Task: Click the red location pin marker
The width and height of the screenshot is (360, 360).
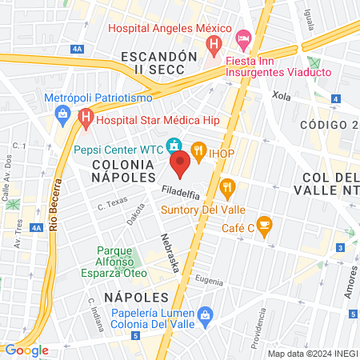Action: point(180,164)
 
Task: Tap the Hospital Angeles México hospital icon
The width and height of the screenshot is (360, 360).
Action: point(214,43)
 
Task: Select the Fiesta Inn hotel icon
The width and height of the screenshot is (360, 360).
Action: point(243,38)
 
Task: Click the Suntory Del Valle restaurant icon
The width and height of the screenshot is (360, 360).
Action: point(229,189)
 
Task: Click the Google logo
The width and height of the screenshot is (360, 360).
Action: point(26,350)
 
